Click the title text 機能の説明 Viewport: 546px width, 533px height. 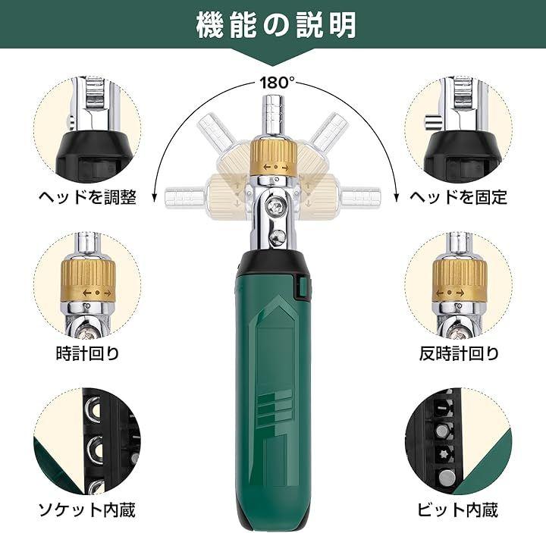click(276, 25)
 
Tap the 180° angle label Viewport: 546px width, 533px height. click(277, 83)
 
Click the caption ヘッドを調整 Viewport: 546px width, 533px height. click(87, 197)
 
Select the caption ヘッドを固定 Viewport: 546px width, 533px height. click(458, 197)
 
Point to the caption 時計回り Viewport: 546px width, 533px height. click(88, 353)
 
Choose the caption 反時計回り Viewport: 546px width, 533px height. click(459, 353)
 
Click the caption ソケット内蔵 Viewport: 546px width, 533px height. click(86, 510)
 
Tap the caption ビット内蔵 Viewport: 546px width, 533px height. click(458, 510)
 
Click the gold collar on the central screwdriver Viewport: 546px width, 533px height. click(274, 158)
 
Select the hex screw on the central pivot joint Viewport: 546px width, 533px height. click(275, 208)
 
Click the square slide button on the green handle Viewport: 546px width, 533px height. click(302, 287)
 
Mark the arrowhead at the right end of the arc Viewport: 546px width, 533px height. click(397, 197)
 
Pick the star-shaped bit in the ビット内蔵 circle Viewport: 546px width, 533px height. click(441, 456)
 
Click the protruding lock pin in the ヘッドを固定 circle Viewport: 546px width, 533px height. click(432, 123)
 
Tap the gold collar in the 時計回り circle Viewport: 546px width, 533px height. click(88, 281)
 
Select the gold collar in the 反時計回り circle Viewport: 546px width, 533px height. click(459, 281)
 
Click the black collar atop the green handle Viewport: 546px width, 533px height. click(274, 261)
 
